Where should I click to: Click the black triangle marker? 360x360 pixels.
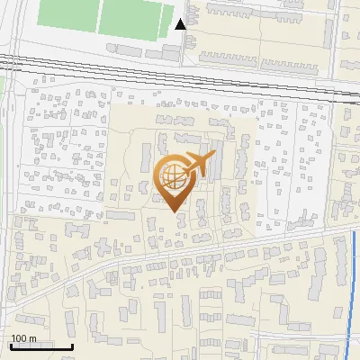(x=181, y=24)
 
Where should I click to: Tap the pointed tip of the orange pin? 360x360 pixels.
(x=173, y=211)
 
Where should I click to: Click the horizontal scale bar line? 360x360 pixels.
(x=40, y=346)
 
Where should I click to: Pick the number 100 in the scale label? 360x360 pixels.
(x=20, y=338)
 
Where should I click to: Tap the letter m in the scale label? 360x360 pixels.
(x=32, y=338)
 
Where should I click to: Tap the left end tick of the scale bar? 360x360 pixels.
(x=10, y=345)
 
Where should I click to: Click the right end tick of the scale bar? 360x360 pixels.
(x=72, y=345)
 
